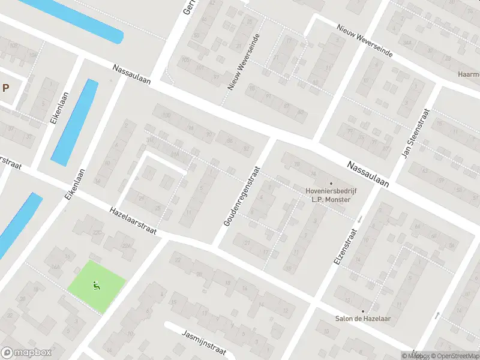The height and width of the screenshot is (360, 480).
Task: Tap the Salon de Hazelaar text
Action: tap(362, 318)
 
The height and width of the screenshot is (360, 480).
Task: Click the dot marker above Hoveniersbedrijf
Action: tap(331, 183)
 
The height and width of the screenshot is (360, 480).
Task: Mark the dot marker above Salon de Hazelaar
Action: tap(362, 310)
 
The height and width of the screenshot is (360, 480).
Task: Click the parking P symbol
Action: tap(6, 88)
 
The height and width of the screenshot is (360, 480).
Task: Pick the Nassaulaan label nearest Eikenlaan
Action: tap(131, 73)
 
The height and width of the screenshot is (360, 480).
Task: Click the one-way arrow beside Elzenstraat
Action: tap(359, 220)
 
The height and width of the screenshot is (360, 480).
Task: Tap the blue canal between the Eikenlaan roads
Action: tap(74, 122)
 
